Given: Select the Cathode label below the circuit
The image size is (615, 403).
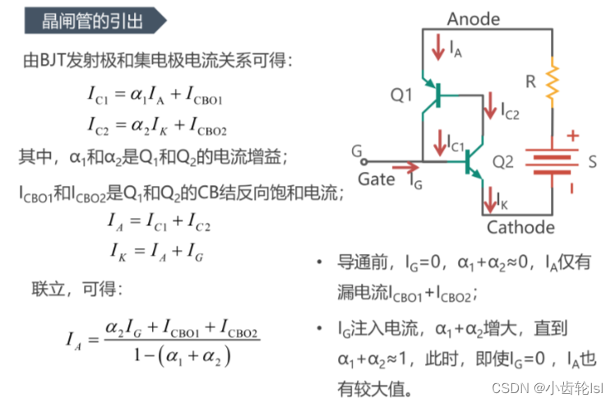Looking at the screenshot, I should pyautogui.click(x=520, y=227).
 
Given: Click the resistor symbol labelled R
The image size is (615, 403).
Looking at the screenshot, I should pyautogui.click(x=551, y=78).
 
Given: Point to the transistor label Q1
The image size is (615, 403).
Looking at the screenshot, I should pyautogui.click(x=401, y=96).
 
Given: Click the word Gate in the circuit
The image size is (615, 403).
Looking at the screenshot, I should pyautogui.click(x=377, y=178).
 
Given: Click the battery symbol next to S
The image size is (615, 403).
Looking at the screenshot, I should pyautogui.click(x=550, y=162).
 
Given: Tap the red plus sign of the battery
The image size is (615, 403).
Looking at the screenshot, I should pyautogui.click(x=573, y=136).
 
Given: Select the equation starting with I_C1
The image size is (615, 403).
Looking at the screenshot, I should pyautogui.click(x=157, y=97).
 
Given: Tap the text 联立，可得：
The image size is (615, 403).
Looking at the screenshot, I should pyautogui.click(x=76, y=289).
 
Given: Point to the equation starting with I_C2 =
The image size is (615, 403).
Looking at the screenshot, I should pyautogui.click(x=157, y=127).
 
